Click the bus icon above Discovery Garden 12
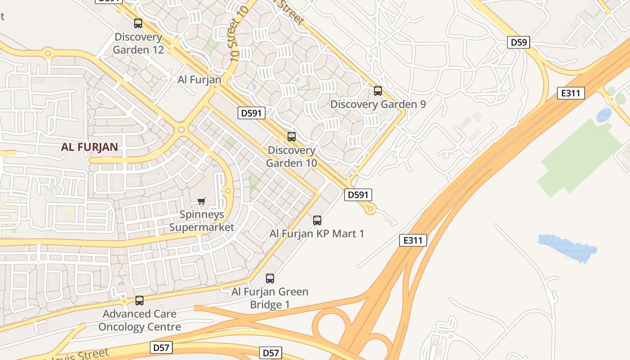(x=138, y=23)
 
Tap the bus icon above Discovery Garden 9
(x=378, y=91)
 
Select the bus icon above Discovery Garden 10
(x=292, y=137)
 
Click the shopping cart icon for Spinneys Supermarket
(x=202, y=201)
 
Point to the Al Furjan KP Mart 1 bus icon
(x=317, y=220)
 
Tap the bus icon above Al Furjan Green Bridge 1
(x=270, y=279)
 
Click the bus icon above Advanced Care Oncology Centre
(x=139, y=301)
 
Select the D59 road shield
(x=519, y=43)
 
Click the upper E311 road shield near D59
(x=571, y=93)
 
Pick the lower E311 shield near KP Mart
(x=413, y=240)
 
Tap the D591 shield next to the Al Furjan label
(x=251, y=113)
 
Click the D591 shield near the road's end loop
(x=358, y=195)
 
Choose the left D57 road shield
(x=161, y=347)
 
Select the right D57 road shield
(x=271, y=353)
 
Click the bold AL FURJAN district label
(x=90, y=147)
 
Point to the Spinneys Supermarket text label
(x=202, y=220)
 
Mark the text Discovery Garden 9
(x=378, y=104)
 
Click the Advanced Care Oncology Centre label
(x=139, y=320)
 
